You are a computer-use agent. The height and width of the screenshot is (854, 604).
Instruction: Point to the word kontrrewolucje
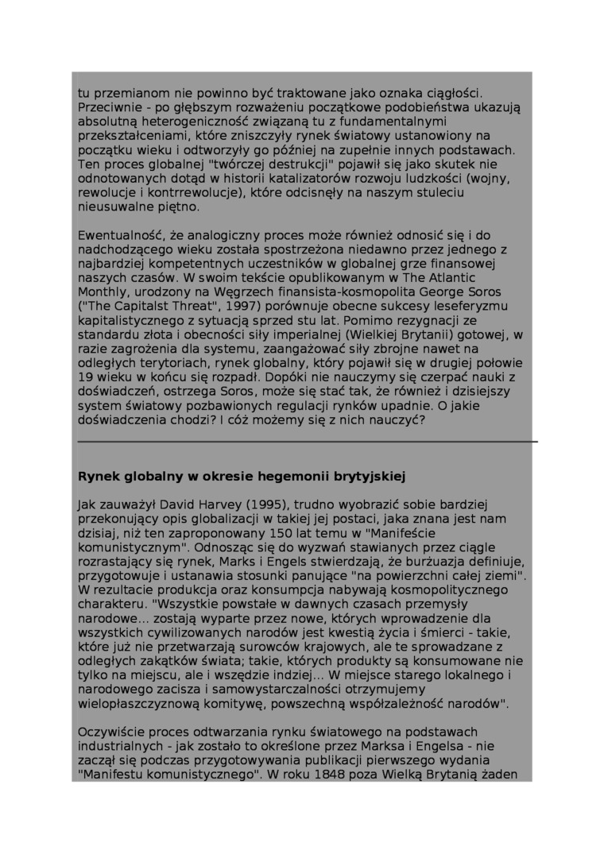coord(191,193)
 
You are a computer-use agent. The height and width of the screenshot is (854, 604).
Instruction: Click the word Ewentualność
coord(117,236)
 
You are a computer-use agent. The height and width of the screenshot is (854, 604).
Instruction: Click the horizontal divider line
coord(308,441)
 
